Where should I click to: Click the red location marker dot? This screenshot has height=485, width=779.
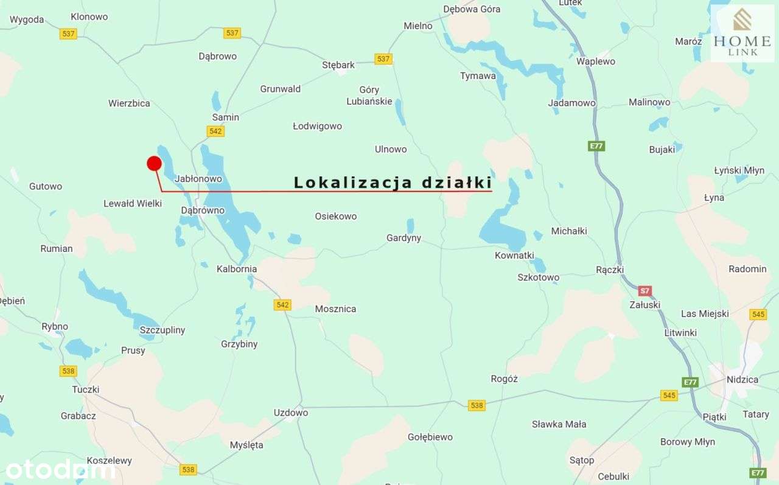pyautogui.click(x=154, y=163)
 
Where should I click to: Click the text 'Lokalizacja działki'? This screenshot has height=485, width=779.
pyautogui.click(x=393, y=183)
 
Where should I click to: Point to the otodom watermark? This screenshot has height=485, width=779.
pyautogui.click(x=60, y=469)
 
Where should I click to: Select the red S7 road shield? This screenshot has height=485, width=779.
pyautogui.click(x=646, y=291)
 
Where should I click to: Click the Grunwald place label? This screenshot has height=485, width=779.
pyautogui.click(x=281, y=89)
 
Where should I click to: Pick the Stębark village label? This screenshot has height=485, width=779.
pyautogui.click(x=338, y=65)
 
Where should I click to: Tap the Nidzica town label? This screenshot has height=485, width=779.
pyautogui.click(x=742, y=380)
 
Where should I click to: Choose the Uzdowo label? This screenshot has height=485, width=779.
pyautogui.click(x=290, y=413)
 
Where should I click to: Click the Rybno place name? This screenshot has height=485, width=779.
pyautogui.click(x=55, y=326)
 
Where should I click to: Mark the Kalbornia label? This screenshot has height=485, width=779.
pyautogui.click(x=237, y=269)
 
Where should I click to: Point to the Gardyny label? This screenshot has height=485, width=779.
pyautogui.click(x=403, y=238)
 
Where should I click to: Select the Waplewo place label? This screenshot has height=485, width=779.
pyautogui.click(x=596, y=61)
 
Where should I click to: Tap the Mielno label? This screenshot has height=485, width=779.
pyautogui.click(x=418, y=26)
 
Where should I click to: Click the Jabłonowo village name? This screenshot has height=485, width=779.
pyautogui.click(x=198, y=179)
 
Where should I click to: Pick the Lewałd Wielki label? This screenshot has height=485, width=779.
pyautogui.click(x=133, y=203)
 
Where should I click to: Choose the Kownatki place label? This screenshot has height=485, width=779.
pyautogui.click(x=514, y=256)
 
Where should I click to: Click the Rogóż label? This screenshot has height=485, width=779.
pyautogui.click(x=504, y=379)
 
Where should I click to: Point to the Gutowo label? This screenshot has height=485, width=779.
pyautogui.click(x=46, y=186)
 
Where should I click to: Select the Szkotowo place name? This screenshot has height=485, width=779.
pyautogui.click(x=538, y=277)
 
